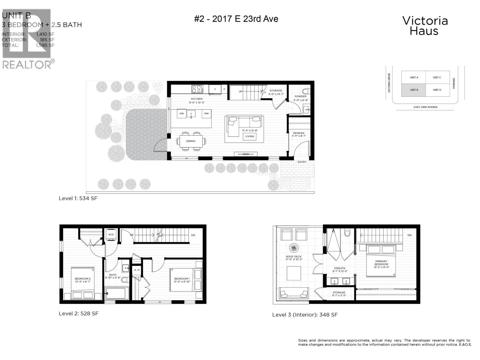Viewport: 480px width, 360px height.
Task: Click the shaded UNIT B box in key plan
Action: click(414, 90)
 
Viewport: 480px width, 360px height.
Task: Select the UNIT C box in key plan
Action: click(437, 77)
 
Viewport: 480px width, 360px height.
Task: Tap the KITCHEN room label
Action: click(197, 99)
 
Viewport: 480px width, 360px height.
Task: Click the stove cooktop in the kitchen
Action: click(197, 89)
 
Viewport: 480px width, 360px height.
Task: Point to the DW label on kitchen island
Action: click(182, 114)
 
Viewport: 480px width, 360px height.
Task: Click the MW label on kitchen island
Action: click(206, 114)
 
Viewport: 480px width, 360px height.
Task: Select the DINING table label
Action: click(191, 141)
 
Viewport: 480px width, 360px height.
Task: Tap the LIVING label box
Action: click(250, 136)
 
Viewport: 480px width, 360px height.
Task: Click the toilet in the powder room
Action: click(305, 91)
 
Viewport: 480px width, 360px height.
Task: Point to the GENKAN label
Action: click(298, 133)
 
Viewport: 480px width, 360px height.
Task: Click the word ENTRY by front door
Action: click(302, 162)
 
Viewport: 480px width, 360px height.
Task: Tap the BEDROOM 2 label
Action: click(82, 279)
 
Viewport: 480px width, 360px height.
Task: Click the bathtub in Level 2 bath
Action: click(116, 293)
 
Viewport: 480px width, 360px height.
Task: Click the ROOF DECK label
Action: click(293, 257)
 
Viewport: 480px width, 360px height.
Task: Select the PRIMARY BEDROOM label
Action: click(381, 263)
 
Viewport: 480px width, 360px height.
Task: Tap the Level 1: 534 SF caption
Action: click(78, 198)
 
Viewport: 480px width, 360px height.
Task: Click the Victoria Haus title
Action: click(424, 26)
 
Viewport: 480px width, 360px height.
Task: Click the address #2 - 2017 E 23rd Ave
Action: click(236, 19)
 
